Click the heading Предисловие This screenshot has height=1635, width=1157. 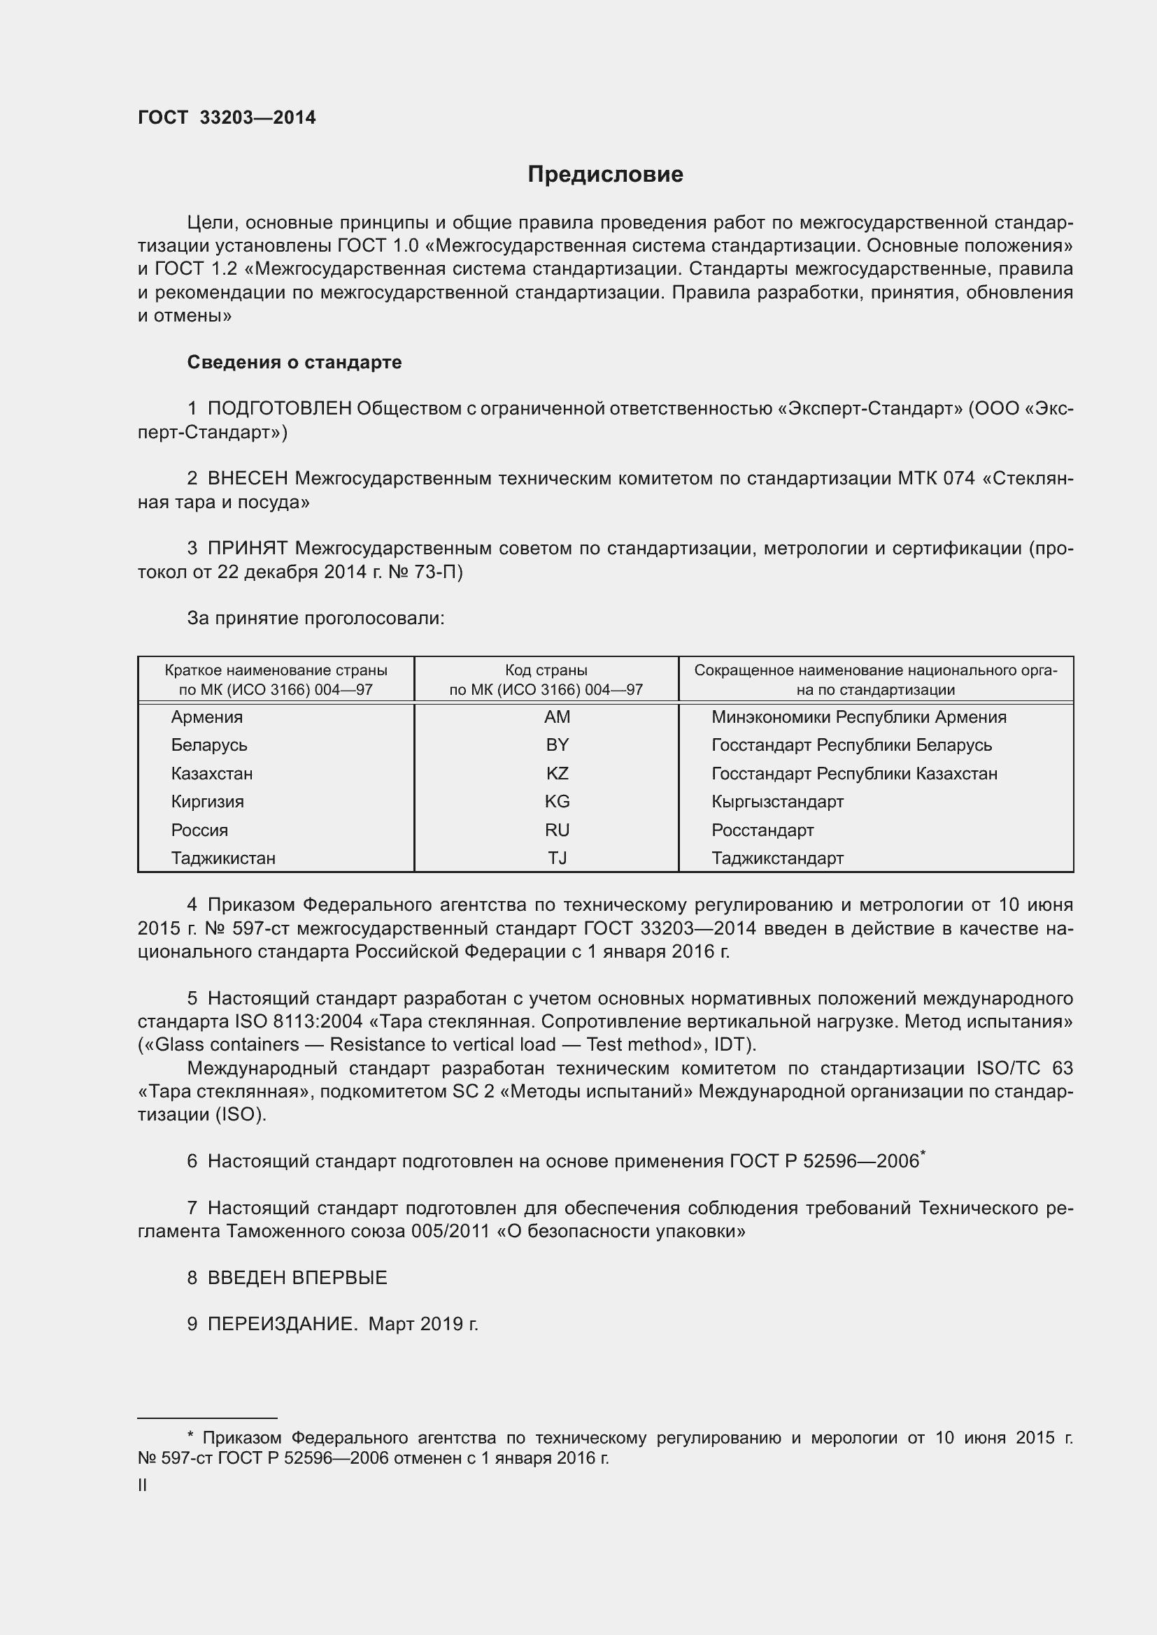click(605, 175)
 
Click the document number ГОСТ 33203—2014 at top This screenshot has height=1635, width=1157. click(227, 118)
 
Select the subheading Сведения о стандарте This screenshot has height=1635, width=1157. click(294, 363)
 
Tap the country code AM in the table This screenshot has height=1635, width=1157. click(556, 717)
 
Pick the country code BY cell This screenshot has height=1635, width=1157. click(556, 745)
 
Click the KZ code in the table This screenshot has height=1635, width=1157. click(556, 773)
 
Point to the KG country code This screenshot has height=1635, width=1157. click(556, 802)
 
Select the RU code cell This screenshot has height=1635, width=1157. click(556, 830)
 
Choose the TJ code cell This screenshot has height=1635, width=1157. click(556, 858)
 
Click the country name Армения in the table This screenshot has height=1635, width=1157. click(206, 717)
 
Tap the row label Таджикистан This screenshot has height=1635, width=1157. click(223, 858)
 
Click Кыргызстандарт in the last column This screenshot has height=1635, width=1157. click(777, 802)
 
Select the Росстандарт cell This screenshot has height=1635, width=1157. click(762, 830)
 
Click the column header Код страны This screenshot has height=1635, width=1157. click(546, 671)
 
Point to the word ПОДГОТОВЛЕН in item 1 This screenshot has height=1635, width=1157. click(279, 409)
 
